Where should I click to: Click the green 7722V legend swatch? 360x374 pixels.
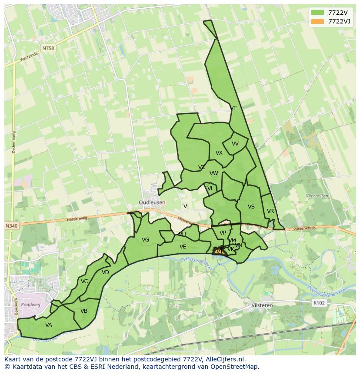click(x=318, y=13)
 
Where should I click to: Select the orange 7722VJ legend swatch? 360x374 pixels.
click(x=318, y=21)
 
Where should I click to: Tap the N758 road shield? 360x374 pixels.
click(x=49, y=48)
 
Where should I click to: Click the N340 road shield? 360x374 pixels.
click(x=12, y=226)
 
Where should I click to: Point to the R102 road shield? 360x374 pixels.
click(x=319, y=303)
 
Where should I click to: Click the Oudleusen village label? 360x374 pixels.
click(x=152, y=202)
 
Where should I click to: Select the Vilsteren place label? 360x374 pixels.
click(x=262, y=305)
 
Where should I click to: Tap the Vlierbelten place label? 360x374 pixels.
click(x=317, y=196)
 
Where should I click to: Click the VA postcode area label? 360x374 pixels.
click(x=48, y=324)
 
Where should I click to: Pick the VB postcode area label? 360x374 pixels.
click(x=84, y=311)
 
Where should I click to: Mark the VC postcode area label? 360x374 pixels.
click(x=84, y=281)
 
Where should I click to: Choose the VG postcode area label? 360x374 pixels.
click(x=145, y=240)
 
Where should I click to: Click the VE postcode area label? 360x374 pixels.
click(x=183, y=247)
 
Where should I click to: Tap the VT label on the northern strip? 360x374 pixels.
click(x=234, y=108)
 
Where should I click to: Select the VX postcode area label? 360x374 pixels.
click(x=219, y=153)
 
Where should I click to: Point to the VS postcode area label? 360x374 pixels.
click(x=251, y=207)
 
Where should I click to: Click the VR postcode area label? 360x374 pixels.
click(x=270, y=211)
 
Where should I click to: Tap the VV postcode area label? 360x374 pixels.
click(x=235, y=144)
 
